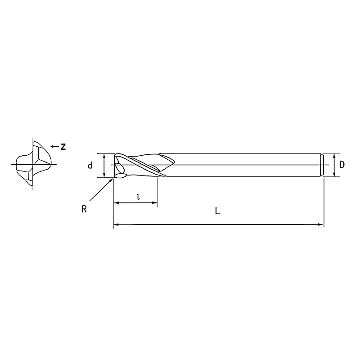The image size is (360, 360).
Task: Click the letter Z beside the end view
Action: pyautogui.click(x=63, y=147)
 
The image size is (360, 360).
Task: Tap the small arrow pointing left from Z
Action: pyautogui.click(x=54, y=147)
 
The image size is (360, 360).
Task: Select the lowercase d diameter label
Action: pyautogui.click(x=90, y=165)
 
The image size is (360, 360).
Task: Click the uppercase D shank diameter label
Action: pyautogui.click(x=342, y=165)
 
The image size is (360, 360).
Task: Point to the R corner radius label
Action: pyautogui.click(x=84, y=209)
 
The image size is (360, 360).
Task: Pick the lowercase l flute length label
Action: pyautogui.click(x=138, y=197)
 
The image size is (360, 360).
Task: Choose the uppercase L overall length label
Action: pyautogui.click(x=217, y=211)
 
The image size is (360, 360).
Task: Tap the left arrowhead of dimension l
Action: pyautogui.click(x=117, y=203)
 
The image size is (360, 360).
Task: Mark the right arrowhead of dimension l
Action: pyautogui.click(x=155, y=203)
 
